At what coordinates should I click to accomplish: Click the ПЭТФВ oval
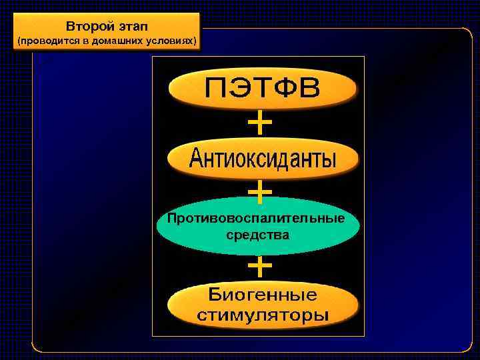(262, 89)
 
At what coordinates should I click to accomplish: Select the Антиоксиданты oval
(262, 159)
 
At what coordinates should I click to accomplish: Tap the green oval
(258, 227)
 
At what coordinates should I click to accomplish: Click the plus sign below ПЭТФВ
(259, 123)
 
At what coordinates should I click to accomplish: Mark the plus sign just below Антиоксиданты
(259, 192)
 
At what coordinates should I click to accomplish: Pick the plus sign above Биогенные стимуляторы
(259, 267)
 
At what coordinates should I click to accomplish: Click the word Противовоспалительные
(257, 219)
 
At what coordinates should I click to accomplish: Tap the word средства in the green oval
(257, 235)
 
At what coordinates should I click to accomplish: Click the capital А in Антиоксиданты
(198, 159)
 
